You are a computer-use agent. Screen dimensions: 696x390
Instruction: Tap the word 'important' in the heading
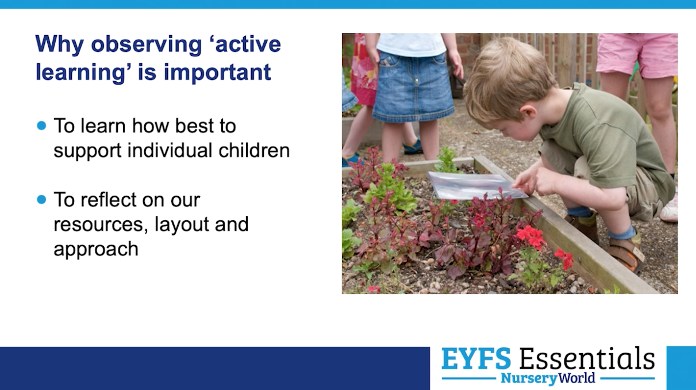[217, 72]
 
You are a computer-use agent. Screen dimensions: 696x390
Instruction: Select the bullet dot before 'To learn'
[41, 125]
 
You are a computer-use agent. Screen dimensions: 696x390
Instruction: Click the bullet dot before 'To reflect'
[41, 200]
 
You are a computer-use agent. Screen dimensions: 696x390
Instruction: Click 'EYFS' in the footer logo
[476, 358]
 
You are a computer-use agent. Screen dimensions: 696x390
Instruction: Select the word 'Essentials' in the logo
[587, 358]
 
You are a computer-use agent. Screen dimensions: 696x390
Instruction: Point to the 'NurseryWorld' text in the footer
[548, 378]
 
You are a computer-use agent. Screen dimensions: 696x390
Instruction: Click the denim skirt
[413, 86]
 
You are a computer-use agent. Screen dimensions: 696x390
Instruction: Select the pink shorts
[637, 55]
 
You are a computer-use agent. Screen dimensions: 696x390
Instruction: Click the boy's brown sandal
[625, 253]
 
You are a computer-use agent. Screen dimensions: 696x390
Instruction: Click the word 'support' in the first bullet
[87, 151]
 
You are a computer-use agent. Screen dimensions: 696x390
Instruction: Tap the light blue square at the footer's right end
[682, 368]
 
